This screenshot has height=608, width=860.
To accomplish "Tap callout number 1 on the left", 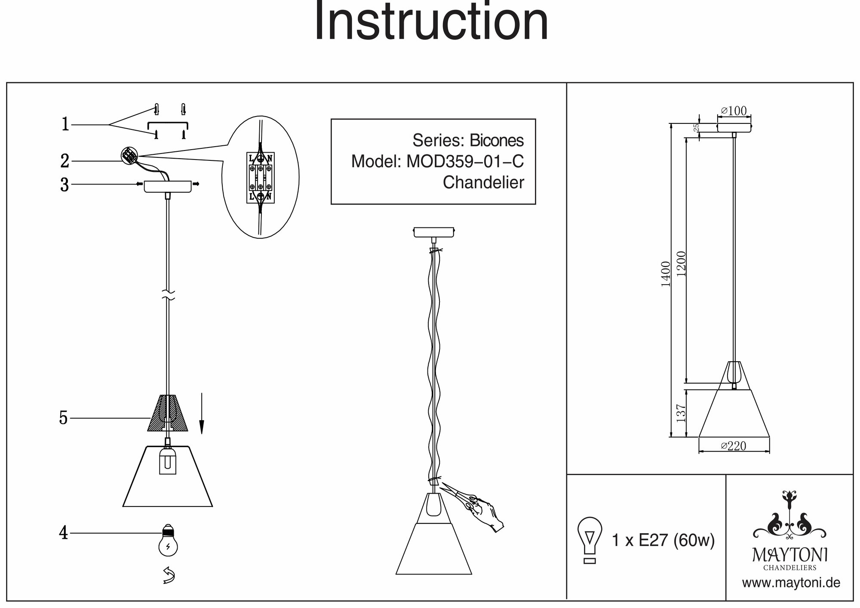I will pos(65,125).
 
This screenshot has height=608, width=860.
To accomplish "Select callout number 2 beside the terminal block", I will pos(64,161).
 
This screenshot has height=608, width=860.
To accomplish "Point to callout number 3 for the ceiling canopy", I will pos(64,185).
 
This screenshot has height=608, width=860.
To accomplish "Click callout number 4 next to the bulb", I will pos(64,534).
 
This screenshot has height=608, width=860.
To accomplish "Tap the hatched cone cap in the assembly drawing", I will pos(168,413).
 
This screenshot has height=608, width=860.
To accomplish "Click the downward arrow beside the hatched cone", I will pos(201,413).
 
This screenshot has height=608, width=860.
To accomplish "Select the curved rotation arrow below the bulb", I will pos(169,575).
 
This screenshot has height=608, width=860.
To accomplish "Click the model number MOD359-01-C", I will pos(465,162).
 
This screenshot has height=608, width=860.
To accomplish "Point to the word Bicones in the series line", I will pos(497,141).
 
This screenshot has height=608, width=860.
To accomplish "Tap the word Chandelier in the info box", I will pos(483,183).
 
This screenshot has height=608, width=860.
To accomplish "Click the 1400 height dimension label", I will pos(666,274).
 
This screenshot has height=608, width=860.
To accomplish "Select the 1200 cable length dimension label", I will pos(681,264).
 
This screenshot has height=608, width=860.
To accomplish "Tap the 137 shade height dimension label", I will pos(681,413).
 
